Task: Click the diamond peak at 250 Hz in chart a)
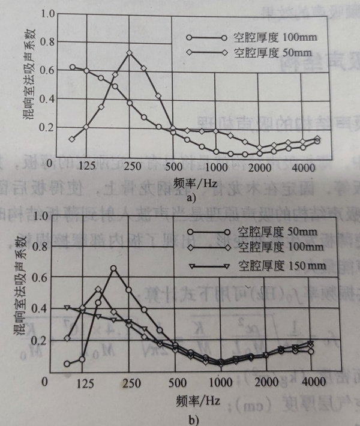tap(129, 53)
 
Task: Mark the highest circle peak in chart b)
tap(114, 268)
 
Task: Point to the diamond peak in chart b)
tap(99, 289)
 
